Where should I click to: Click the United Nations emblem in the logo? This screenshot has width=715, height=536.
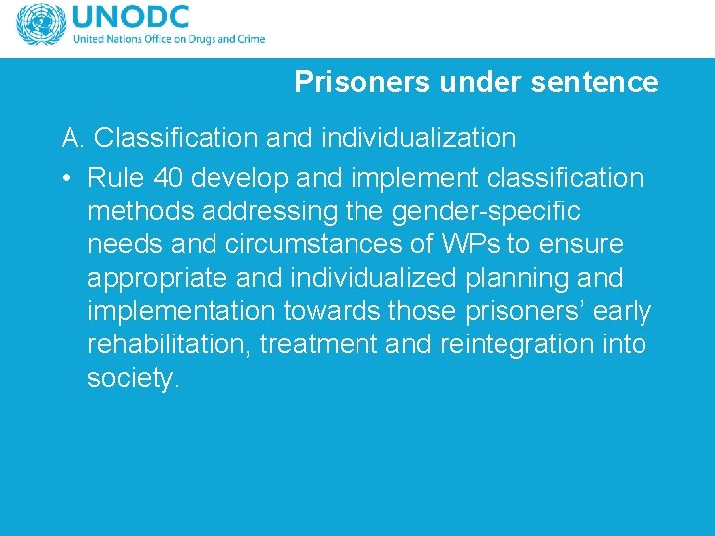click(40, 26)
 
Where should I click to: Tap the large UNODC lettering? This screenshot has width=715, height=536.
click(129, 18)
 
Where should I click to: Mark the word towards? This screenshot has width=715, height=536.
click(332, 312)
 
